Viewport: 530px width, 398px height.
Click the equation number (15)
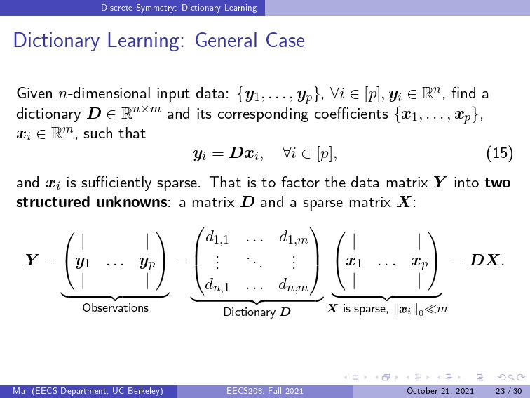[x=500, y=154]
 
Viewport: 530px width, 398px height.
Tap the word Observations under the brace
[x=115, y=307]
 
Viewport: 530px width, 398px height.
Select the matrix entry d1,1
[x=217, y=237]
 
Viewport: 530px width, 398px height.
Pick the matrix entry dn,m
[x=293, y=286]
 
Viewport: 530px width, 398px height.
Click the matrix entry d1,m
[x=293, y=237]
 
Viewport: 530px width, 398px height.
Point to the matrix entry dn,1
[x=217, y=286]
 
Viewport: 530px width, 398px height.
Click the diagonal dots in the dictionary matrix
[x=254, y=262]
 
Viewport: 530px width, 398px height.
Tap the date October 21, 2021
[x=440, y=391]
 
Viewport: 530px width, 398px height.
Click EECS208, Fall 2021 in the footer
[x=265, y=391]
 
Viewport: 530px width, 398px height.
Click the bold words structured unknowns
[x=91, y=202]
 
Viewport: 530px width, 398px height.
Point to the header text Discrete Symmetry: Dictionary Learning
[x=179, y=8]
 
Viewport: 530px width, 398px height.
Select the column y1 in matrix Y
[x=83, y=262]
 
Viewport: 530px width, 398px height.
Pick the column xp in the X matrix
[x=419, y=262]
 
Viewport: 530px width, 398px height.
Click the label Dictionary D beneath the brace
[x=257, y=312]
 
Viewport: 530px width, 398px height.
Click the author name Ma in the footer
[x=19, y=391]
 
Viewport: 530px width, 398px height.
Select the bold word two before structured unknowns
[x=498, y=183]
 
